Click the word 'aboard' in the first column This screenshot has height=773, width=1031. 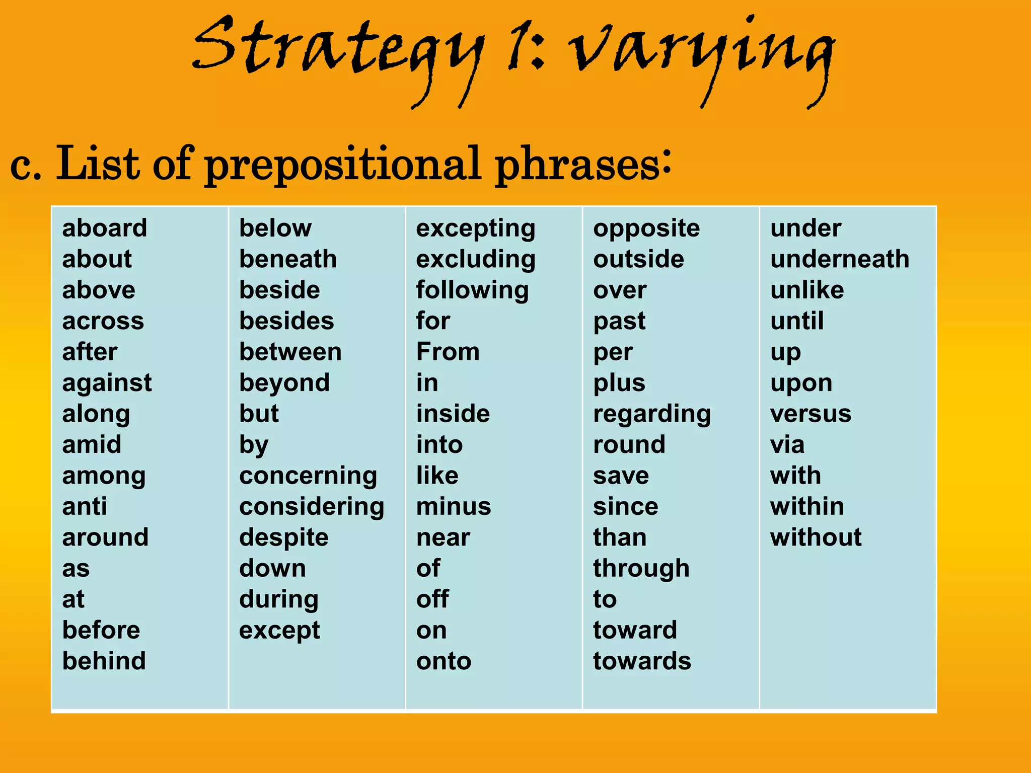pos(105,228)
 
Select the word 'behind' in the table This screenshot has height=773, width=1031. pos(104,661)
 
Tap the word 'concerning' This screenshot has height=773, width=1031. pos(308,476)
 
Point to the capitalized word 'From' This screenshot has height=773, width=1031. pos(448,352)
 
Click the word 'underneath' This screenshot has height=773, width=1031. pos(840,259)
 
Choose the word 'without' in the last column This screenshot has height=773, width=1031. pos(816,537)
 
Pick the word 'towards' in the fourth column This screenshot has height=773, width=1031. pos(642,661)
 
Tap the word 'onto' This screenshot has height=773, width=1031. pos(444,661)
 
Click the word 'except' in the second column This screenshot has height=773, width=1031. pos(279,631)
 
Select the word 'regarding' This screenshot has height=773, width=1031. pos(652,414)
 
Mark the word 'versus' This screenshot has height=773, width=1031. pos(811,414)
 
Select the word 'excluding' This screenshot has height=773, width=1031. pos(475,260)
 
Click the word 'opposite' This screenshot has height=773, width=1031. pos(646,229)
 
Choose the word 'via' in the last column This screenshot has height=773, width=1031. pos(787,445)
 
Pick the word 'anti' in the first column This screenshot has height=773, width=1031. pos(85,506)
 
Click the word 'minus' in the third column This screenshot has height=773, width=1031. pos(453,506)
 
